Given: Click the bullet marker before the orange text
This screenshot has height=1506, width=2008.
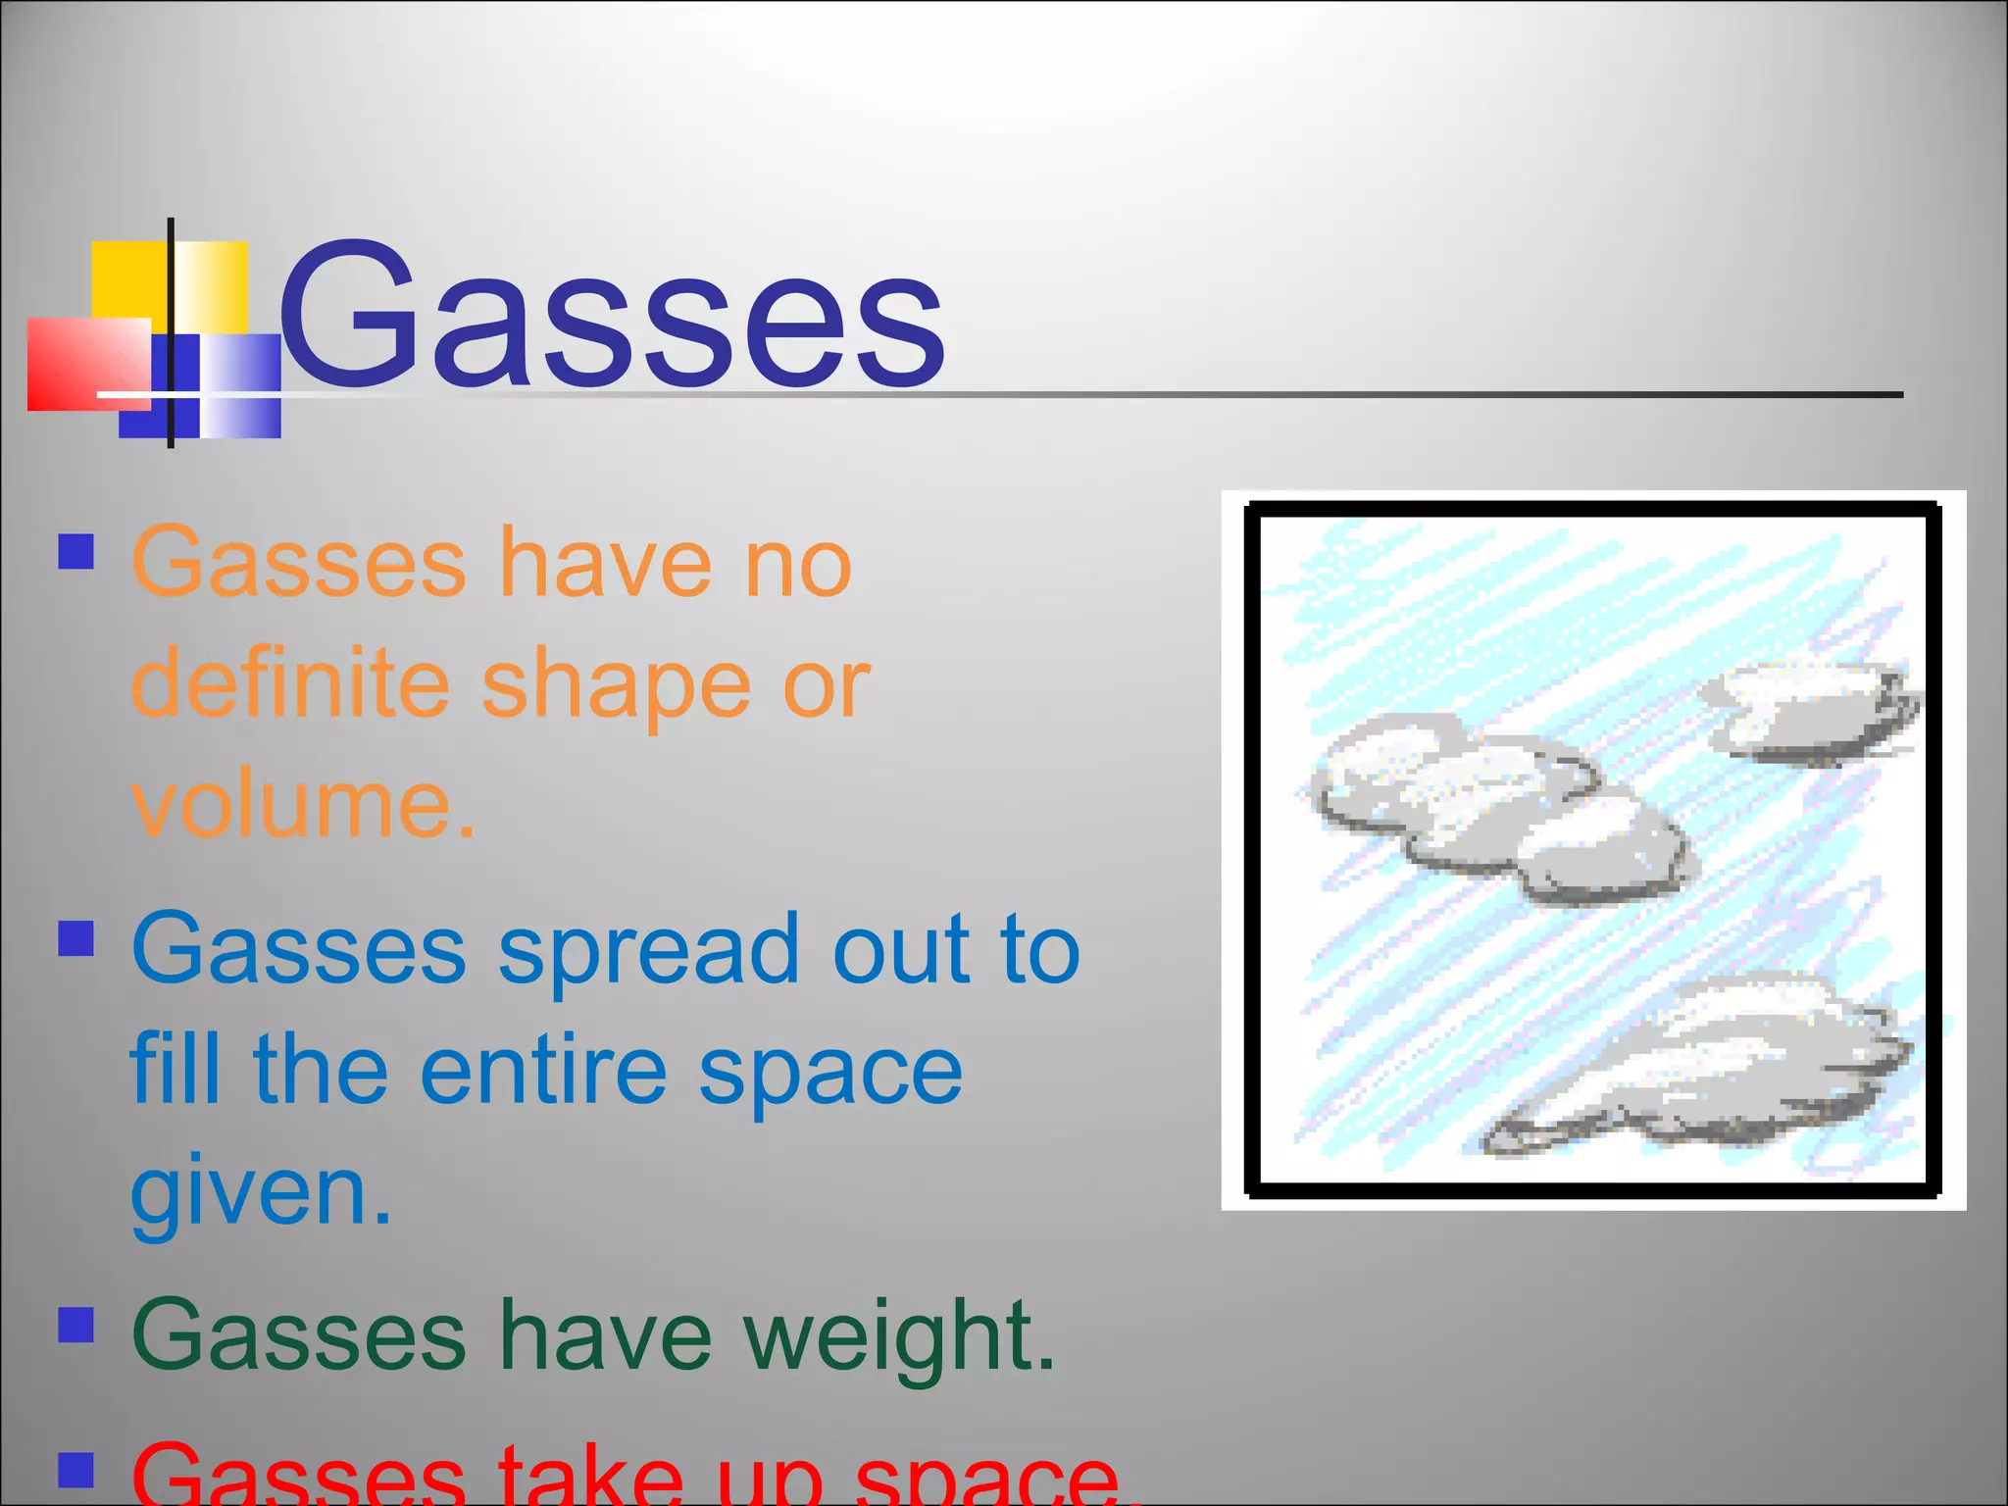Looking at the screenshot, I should tap(75, 551).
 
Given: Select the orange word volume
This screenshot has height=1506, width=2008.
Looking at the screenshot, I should tap(301, 804).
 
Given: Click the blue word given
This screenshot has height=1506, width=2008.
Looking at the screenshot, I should tap(260, 1192).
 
